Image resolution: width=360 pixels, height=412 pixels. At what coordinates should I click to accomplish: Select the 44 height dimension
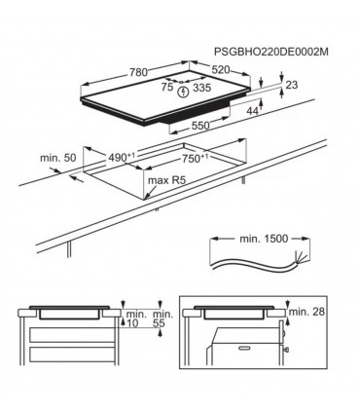pos(253,113)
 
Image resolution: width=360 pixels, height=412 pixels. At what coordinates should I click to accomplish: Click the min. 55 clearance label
pos(162,319)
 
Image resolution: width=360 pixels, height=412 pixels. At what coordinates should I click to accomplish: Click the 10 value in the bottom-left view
pos(132,324)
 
